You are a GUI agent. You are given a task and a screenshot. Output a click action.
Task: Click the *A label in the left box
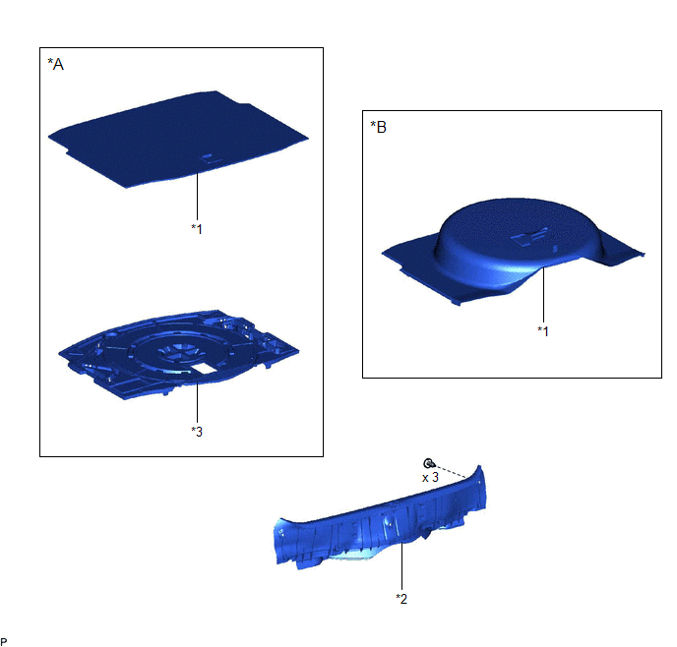(56, 64)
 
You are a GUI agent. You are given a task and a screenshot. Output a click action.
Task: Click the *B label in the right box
(378, 127)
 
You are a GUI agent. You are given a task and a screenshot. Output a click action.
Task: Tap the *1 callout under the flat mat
(197, 228)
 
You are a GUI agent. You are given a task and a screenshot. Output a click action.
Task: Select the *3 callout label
(197, 432)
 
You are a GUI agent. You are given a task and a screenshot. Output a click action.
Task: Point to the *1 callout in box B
(543, 330)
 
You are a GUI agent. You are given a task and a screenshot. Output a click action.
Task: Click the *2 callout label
(401, 599)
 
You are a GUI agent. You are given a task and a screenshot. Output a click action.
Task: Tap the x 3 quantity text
(430, 478)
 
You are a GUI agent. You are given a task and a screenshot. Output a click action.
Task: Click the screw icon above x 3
(428, 463)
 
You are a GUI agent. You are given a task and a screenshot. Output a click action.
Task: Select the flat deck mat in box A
(178, 139)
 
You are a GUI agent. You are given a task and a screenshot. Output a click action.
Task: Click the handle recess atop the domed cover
(529, 236)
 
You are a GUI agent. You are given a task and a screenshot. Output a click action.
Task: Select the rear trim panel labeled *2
(380, 522)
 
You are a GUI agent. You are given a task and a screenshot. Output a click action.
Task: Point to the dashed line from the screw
(450, 471)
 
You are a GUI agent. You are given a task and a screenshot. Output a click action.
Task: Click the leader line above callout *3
(198, 403)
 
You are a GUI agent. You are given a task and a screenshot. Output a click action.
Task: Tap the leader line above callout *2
(401, 566)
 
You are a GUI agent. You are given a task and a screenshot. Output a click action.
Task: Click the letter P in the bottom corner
(4, 642)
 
